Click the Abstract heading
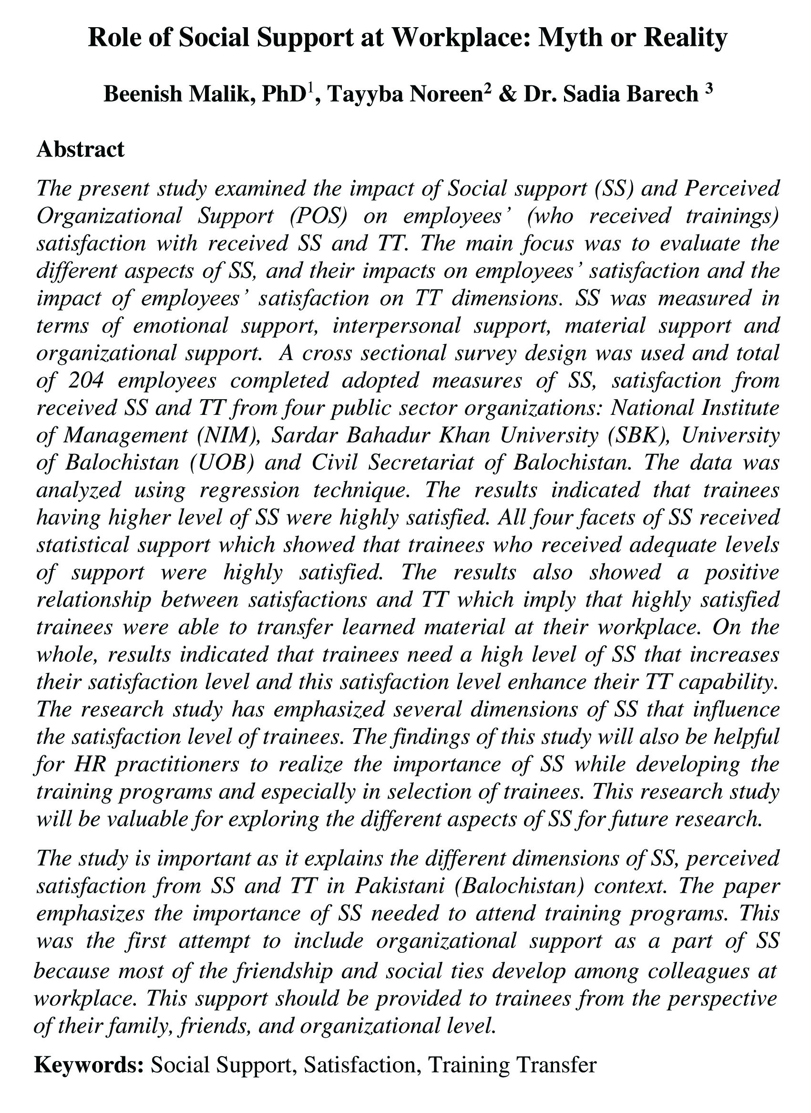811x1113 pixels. [81, 149]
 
